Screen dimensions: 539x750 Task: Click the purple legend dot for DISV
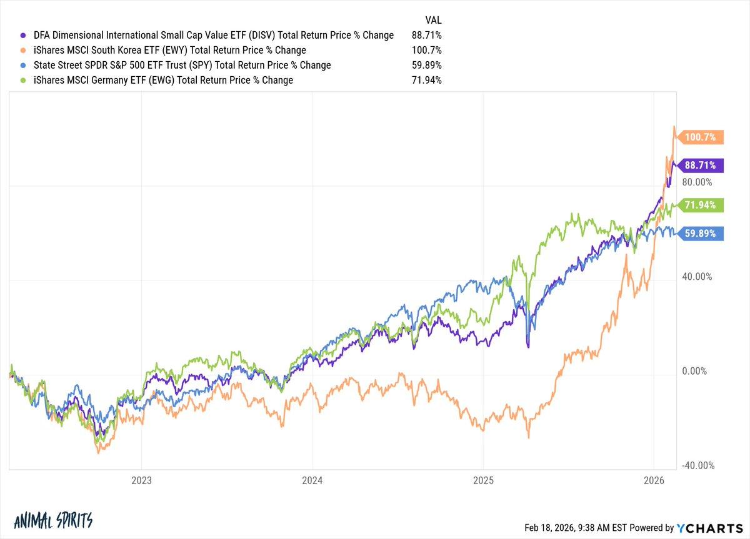[23, 36]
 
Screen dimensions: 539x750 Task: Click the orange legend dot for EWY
[23, 51]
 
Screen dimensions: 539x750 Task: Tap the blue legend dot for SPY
[23, 66]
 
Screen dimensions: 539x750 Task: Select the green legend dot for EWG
[23, 81]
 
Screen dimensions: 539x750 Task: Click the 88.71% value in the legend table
[426, 36]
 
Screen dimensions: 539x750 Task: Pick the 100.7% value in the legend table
[427, 51]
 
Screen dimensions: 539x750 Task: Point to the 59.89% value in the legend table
[426, 66]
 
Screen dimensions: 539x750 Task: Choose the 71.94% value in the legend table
[426, 81]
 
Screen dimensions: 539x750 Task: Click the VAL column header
[432, 20]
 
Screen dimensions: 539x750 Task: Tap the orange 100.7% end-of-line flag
[702, 137]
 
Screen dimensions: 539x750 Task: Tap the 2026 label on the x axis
[654, 481]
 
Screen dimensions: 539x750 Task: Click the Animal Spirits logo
[52, 520]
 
